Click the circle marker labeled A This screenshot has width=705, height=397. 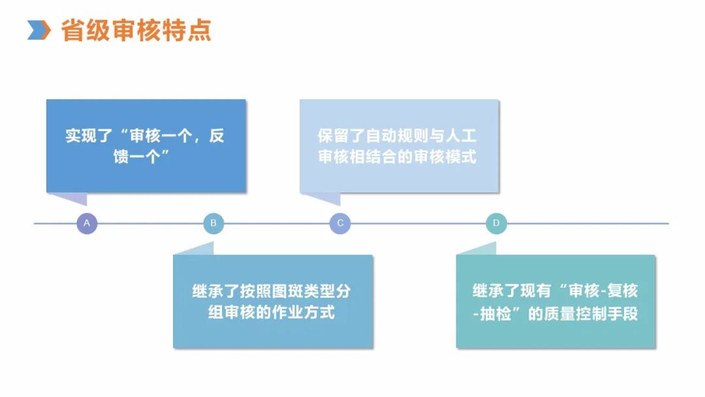(x=87, y=224)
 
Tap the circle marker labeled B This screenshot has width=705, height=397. (x=213, y=224)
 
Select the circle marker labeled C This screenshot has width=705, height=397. (x=340, y=224)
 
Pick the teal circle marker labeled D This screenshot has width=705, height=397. (x=496, y=224)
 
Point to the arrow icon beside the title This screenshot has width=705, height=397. (x=39, y=30)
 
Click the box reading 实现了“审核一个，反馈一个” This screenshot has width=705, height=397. (x=146, y=146)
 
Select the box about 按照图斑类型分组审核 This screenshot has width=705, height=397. (x=272, y=301)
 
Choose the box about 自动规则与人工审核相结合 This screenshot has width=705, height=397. (x=398, y=146)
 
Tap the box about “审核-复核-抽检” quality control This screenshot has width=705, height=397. (x=556, y=301)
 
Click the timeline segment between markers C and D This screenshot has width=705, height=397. (x=418, y=224)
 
